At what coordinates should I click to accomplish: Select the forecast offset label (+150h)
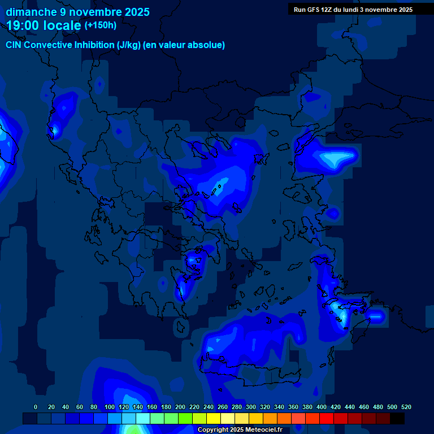[101, 25]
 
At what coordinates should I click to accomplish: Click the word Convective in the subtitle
[49, 45]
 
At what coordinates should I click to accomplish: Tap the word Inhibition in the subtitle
[94, 45]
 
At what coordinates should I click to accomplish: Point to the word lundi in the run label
[355, 10]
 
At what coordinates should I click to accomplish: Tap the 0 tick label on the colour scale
[36, 407]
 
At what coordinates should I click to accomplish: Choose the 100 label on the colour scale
[110, 407]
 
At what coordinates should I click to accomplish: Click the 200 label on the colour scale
[180, 407]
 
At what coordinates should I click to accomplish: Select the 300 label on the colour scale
[251, 407]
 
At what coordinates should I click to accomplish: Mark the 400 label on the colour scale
[322, 407]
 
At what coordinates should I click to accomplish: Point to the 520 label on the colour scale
[406, 407]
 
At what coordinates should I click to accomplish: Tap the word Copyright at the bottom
[214, 430]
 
